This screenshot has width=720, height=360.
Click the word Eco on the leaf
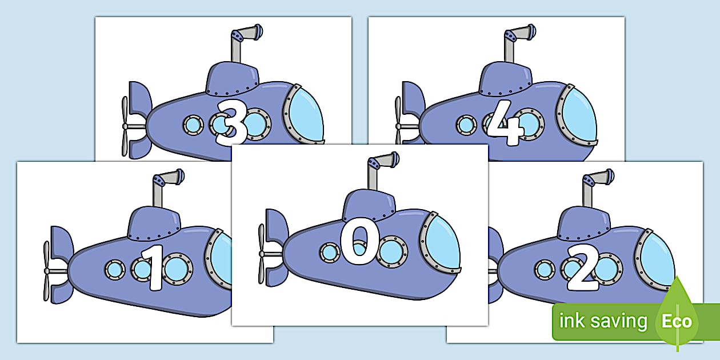[677, 321]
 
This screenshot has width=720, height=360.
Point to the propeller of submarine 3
[125, 126]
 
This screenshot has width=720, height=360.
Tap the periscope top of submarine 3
[251, 33]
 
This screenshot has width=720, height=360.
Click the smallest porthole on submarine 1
[115, 269]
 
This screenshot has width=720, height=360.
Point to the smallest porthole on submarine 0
[330, 252]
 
